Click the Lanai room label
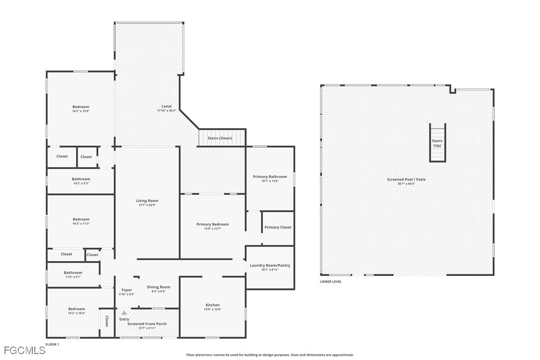click(x=167, y=106)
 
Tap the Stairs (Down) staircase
click(x=222, y=138)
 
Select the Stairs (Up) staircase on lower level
click(x=438, y=143)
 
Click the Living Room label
click(x=147, y=200)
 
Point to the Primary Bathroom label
click(x=270, y=177)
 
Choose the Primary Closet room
click(x=278, y=228)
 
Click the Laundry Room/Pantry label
click(x=270, y=265)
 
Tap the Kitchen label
click(x=212, y=305)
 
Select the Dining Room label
click(x=159, y=287)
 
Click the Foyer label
click(x=127, y=290)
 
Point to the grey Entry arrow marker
click(x=124, y=313)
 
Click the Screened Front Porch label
click(x=147, y=324)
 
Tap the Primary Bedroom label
click(x=212, y=224)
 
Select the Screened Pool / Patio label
click(x=406, y=180)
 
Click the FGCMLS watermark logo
click(x=24, y=351)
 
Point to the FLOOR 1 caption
click(x=52, y=344)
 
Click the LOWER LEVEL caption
click(x=331, y=281)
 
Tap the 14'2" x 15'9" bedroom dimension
click(x=81, y=111)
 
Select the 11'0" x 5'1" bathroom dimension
click(x=73, y=277)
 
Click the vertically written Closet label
click(x=106, y=321)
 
